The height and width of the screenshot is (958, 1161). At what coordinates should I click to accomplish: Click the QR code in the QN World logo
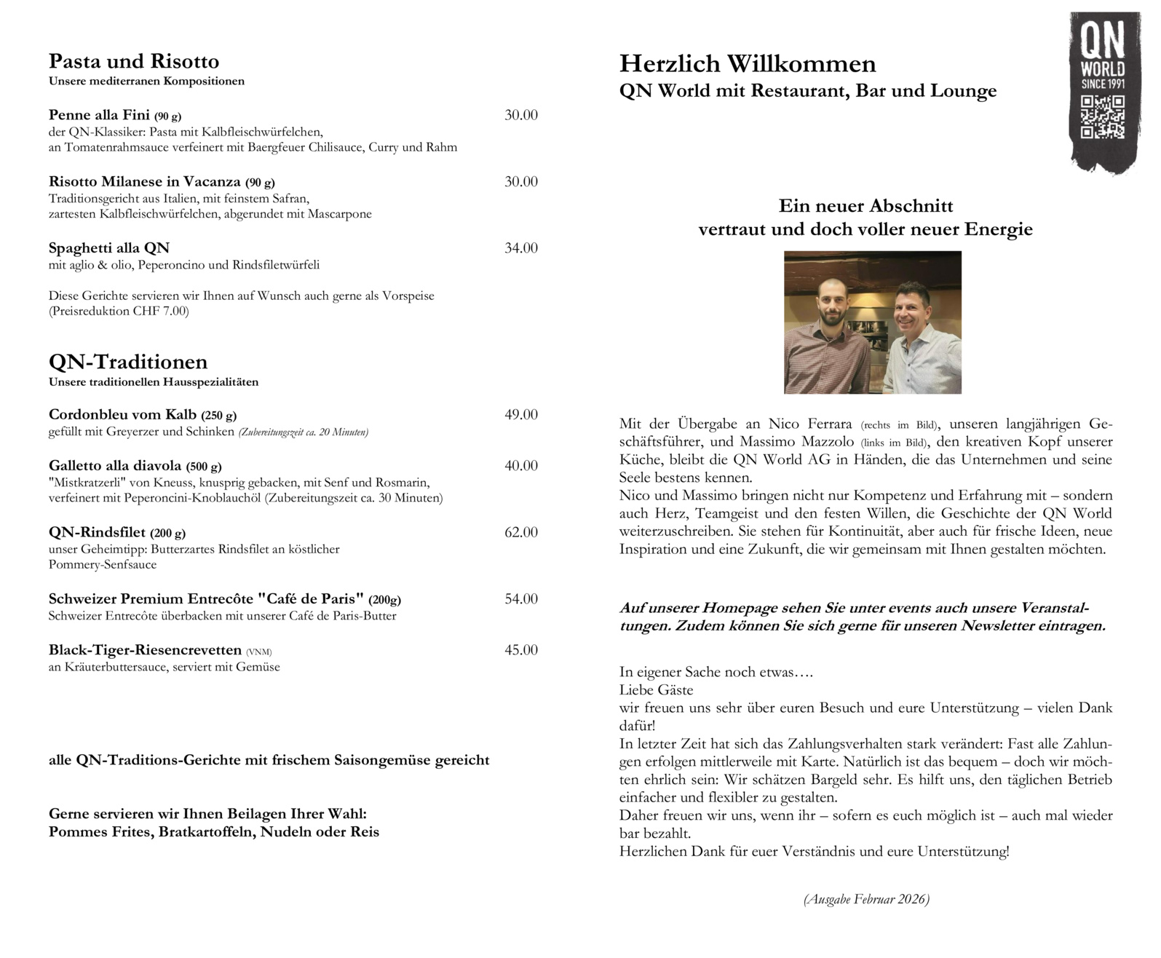[1102, 116]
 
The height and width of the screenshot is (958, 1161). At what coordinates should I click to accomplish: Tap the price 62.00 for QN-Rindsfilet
[521, 532]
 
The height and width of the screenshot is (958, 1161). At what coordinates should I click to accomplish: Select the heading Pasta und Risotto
[134, 61]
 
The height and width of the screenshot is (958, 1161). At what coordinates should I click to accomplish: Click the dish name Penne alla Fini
[99, 115]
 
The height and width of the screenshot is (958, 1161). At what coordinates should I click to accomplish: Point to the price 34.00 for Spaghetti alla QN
[521, 248]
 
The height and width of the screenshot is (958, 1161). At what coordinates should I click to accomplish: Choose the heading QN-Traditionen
[128, 362]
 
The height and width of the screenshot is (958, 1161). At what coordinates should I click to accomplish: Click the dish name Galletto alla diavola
[115, 466]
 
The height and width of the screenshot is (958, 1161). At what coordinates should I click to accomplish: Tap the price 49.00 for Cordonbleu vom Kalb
[521, 415]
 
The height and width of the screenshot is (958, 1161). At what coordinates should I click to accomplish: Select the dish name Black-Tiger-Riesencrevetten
[145, 650]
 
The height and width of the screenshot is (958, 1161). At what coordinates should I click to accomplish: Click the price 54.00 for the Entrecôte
[521, 599]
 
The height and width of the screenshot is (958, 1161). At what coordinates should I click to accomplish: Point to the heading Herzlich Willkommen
[748, 64]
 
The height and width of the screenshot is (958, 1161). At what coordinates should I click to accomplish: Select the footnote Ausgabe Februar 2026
[866, 900]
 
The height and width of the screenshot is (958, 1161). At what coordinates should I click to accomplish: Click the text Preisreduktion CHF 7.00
[119, 312]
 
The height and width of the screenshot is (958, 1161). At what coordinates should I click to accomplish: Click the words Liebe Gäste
[656, 689]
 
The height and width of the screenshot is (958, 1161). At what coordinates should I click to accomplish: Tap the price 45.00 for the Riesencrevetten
[521, 650]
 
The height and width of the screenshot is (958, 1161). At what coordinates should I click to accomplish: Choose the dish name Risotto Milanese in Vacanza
[145, 182]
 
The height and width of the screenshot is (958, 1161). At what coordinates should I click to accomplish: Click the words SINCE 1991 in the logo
[1103, 84]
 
